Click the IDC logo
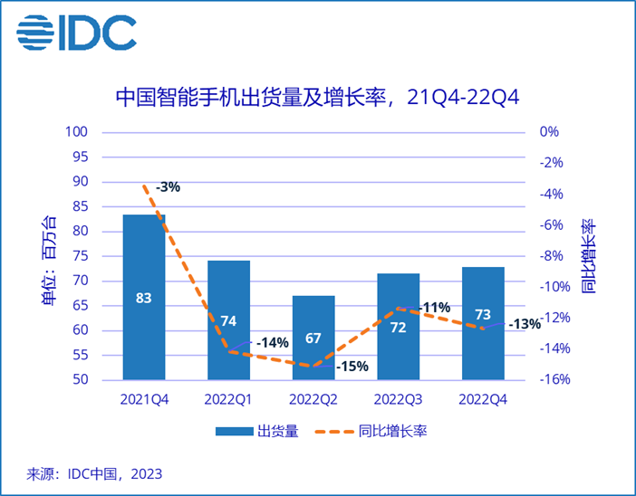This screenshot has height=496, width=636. (x=76, y=33)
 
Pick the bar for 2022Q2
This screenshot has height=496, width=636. (x=313, y=338)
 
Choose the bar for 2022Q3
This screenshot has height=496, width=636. (x=398, y=326)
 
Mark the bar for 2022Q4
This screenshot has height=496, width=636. (x=482, y=323)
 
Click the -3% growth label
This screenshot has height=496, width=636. (x=168, y=187)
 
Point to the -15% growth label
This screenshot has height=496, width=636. (x=352, y=367)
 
